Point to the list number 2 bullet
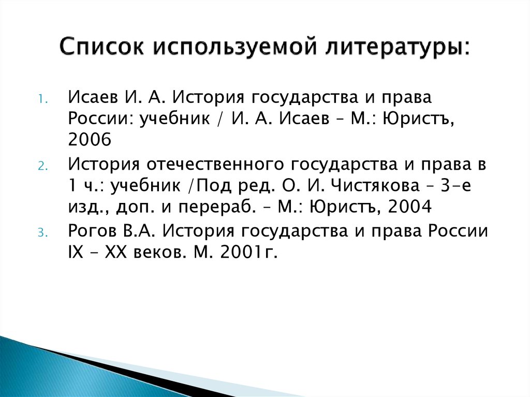[x=42, y=168]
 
